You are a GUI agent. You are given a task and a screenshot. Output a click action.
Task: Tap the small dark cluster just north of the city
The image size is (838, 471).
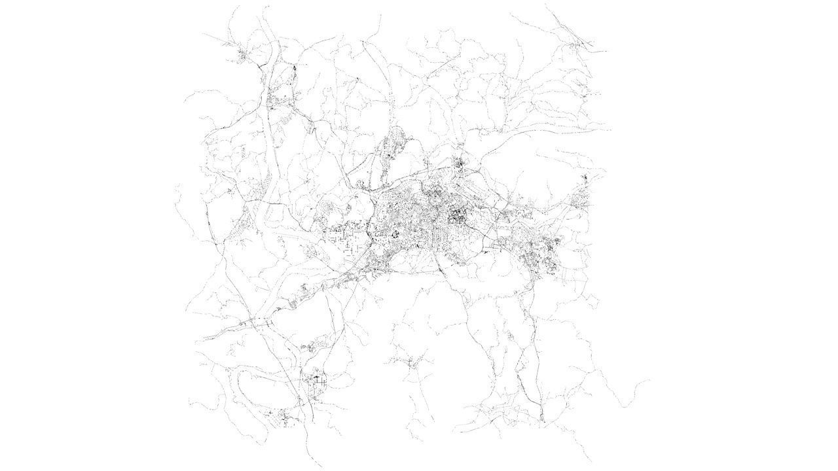460,163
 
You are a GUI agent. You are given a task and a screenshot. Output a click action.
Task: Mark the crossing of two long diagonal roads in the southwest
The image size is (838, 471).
252,322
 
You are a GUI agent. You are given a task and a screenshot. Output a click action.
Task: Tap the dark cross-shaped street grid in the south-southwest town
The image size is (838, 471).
316,378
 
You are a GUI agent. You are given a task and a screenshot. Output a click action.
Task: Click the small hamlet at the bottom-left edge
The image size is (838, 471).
283,417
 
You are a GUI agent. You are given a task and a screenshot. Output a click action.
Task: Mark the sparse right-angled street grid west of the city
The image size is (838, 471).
344,235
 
